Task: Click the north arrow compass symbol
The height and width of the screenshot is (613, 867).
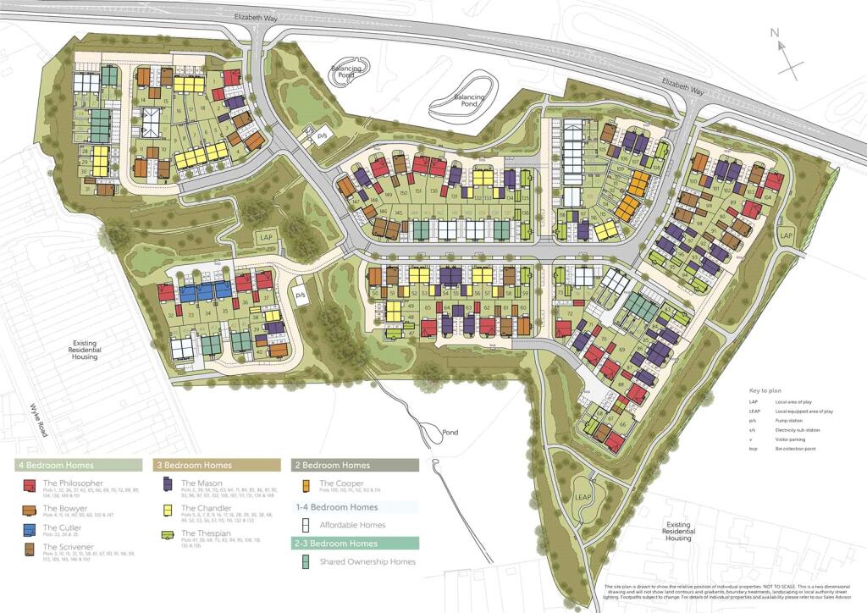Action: [x=787, y=55]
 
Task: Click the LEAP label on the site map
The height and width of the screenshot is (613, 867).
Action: [x=582, y=496]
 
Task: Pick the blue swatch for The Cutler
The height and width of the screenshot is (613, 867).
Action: [x=29, y=529]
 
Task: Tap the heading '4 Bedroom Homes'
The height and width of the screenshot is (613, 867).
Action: [x=56, y=465]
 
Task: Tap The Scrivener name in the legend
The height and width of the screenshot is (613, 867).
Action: [x=69, y=548]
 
